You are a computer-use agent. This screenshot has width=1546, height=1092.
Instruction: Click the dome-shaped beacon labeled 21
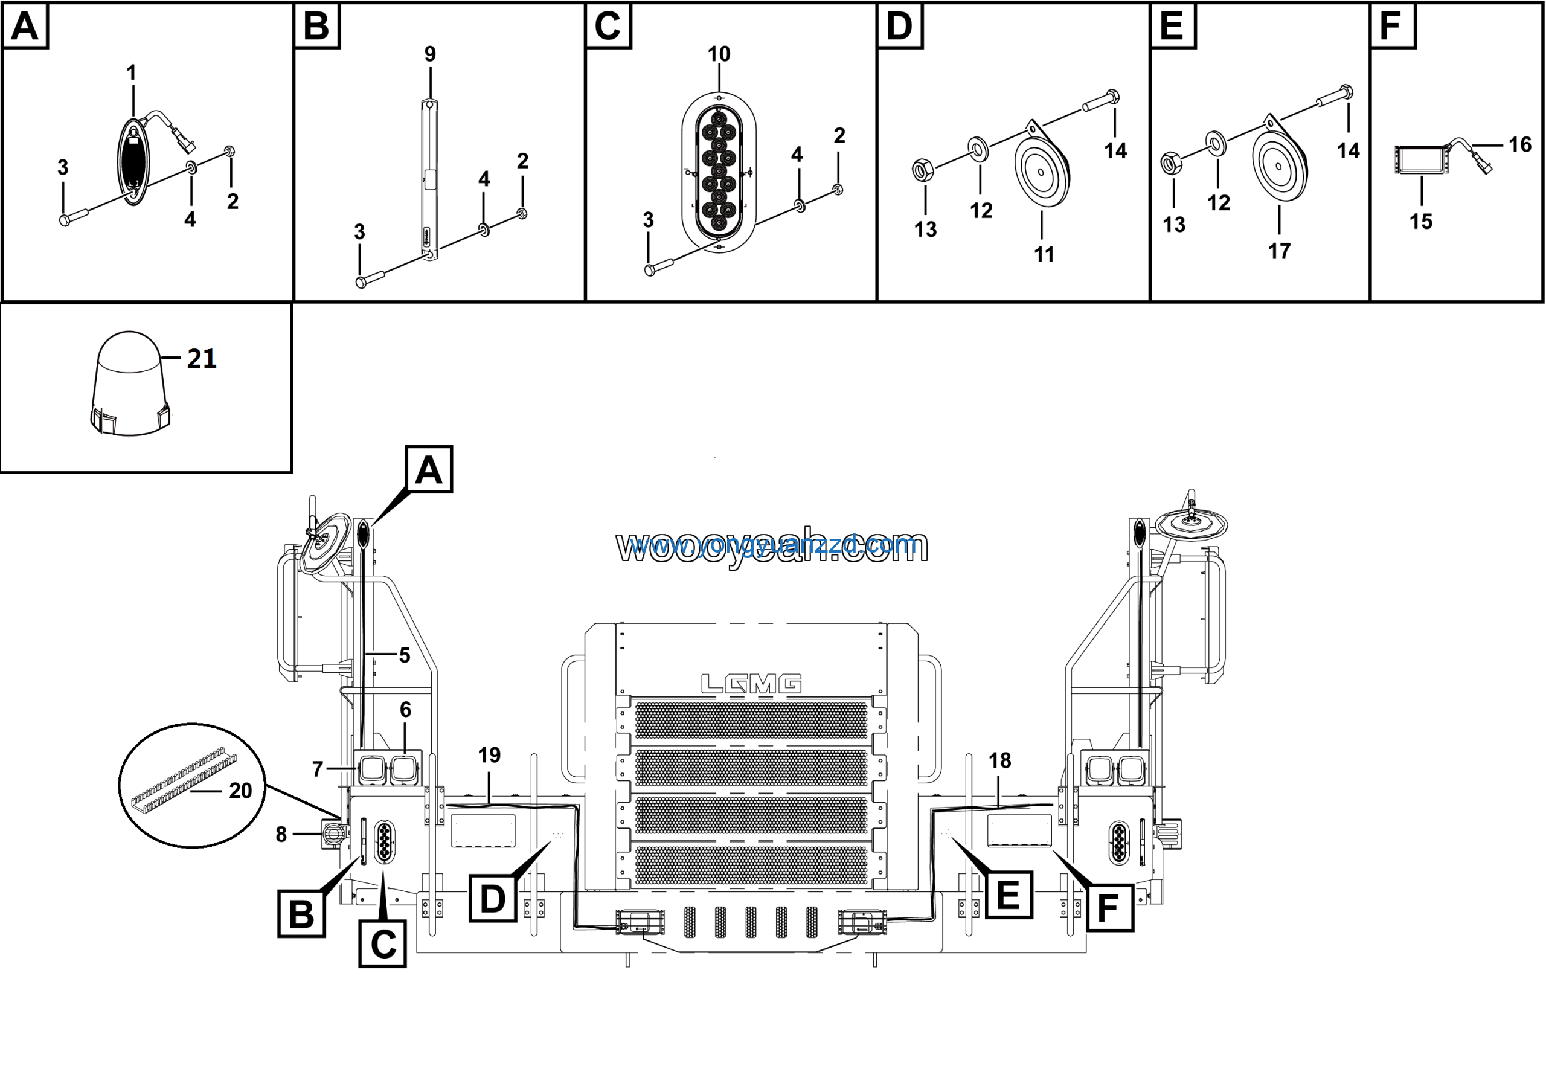[x=129, y=384]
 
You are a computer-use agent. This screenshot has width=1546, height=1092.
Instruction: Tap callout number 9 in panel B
[x=430, y=54]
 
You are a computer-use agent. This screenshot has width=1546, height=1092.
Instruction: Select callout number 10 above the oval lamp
[x=719, y=54]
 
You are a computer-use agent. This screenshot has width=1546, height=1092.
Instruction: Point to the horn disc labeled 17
[x=1278, y=165]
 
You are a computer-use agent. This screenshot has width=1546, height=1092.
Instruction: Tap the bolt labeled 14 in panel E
[x=1334, y=97]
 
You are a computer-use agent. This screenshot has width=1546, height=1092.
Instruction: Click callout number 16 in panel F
[x=1520, y=144]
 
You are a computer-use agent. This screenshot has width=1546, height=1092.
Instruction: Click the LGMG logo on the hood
[x=751, y=684]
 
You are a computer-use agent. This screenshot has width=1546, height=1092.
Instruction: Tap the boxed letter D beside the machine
[x=493, y=898]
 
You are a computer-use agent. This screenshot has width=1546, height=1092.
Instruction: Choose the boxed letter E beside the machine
[x=1008, y=894]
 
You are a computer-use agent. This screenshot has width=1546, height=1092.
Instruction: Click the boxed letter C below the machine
[x=382, y=944]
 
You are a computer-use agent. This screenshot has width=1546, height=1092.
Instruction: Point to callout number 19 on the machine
[x=490, y=755]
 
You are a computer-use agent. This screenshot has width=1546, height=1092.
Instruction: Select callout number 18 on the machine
[x=1000, y=760]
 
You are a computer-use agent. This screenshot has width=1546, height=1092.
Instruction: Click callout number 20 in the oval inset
[x=240, y=791]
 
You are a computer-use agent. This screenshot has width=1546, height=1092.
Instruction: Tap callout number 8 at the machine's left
[x=281, y=834]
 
